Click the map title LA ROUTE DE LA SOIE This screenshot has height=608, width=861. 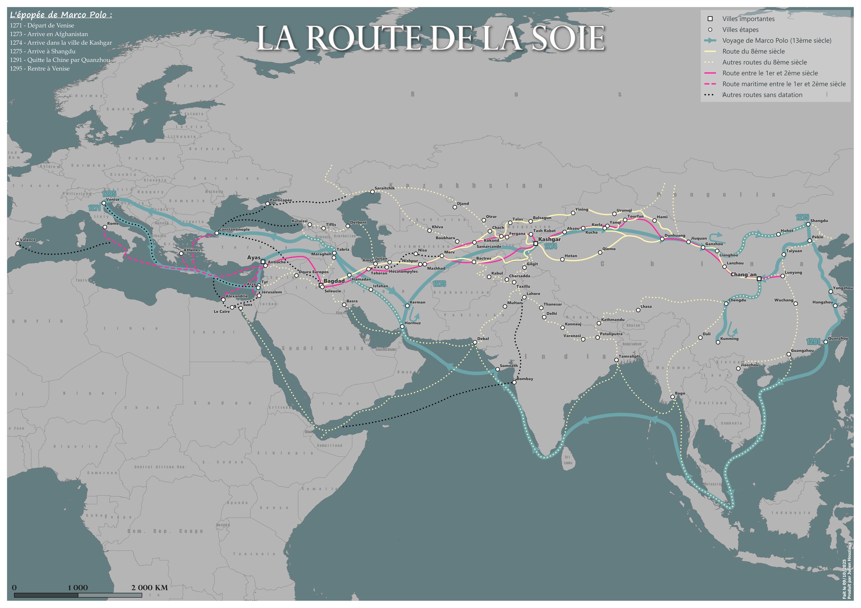click(430, 38)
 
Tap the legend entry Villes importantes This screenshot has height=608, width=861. click(748, 19)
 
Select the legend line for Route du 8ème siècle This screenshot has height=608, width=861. click(710, 51)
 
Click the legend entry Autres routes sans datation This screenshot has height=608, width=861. click(762, 95)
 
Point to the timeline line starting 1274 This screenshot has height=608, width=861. click(61, 43)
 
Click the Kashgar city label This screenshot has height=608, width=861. click(549, 239)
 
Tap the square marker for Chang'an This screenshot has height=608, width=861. click(759, 279)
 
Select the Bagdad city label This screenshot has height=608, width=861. click(334, 281)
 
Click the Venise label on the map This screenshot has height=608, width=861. click(113, 200)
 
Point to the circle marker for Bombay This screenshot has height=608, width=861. click(514, 382)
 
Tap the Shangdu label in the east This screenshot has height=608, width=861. click(819, 221)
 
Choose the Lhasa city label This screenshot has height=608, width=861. click(646, 306)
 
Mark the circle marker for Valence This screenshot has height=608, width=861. click(18, 243)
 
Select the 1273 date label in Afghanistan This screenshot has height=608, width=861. click(439, 284)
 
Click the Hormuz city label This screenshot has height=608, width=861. click(413, 323)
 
